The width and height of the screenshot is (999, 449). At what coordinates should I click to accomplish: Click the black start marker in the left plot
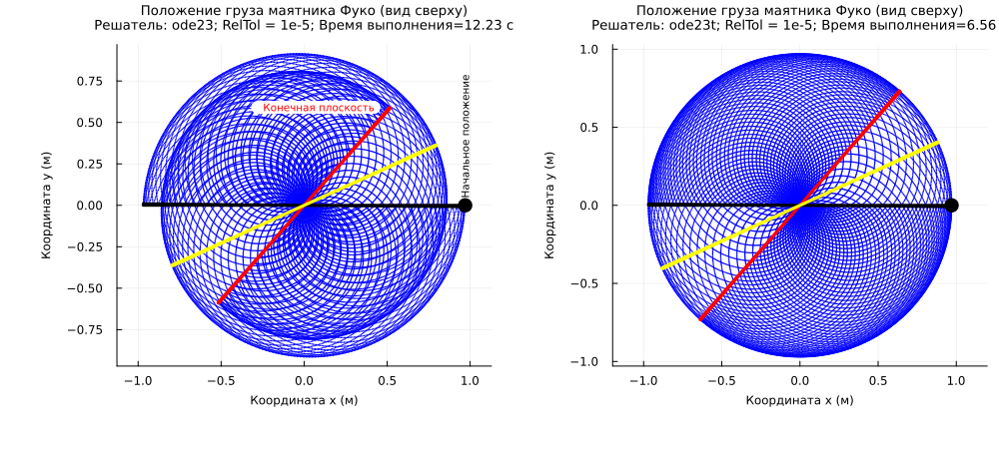coord(465,206)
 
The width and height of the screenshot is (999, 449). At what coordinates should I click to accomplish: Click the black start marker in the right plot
coord(951,206)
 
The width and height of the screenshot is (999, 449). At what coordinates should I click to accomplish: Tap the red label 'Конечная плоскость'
coord(318,108)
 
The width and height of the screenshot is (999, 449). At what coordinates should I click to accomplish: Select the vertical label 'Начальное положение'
coord(466,134)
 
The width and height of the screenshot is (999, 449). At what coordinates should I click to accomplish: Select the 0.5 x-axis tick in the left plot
coord(387,380)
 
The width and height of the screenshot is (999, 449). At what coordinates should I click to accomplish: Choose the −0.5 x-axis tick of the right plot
coord(718,380)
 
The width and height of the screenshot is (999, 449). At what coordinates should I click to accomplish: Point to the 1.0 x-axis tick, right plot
coord(956,380)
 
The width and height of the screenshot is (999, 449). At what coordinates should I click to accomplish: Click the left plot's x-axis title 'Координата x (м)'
coord(304,399)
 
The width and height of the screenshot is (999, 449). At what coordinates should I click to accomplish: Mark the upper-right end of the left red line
coord(390,109)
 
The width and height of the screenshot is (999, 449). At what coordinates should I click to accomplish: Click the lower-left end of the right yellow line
coord(662,269)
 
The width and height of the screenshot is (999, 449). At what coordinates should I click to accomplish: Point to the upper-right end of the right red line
coord(900,92)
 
